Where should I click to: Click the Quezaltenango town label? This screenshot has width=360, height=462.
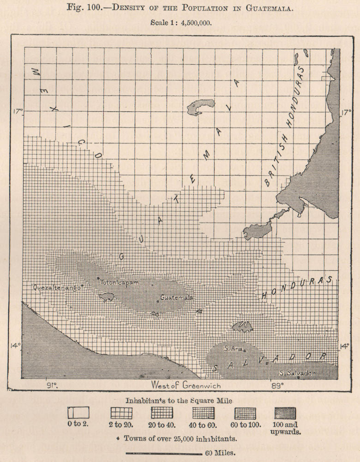(x=57, y=287)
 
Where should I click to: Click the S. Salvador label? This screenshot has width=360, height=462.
(x=297, y=372)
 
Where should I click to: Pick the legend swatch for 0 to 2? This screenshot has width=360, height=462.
(x=78, y=412)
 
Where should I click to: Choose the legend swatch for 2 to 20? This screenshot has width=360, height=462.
(x=121, y=412)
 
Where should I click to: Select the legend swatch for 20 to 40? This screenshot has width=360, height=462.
(x=162, y=412)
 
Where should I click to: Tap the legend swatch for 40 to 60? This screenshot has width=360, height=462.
(x=203, y=412)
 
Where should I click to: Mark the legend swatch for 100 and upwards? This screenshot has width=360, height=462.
(x=285, y=412)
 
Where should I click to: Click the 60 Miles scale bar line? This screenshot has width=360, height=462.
(x=163, y=453)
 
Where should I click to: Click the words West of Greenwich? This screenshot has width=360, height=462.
(x=186, y=385)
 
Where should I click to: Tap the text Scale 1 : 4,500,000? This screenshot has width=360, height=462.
(x=180, y=22)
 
